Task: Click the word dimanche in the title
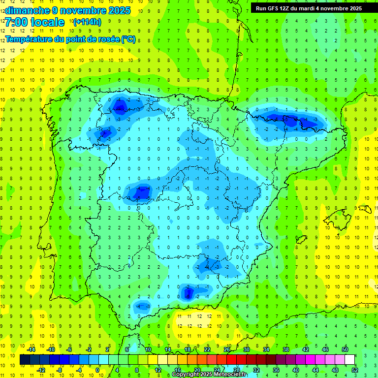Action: (x=28, y=10)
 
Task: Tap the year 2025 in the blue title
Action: (x=118, y=10)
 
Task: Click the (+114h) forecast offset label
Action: (x=87, y=22)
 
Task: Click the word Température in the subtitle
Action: (x=30, y=39)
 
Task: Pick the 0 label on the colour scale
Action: (x=98, y=370)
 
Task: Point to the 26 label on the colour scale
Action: (x=227, y=349)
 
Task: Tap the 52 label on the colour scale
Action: (x=355, y=370)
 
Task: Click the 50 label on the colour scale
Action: (x=345, y=349)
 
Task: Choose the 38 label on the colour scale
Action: (x=286, y=349)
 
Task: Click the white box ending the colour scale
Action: (x=349, y=359)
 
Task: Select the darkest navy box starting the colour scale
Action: (x=25, y=359)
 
